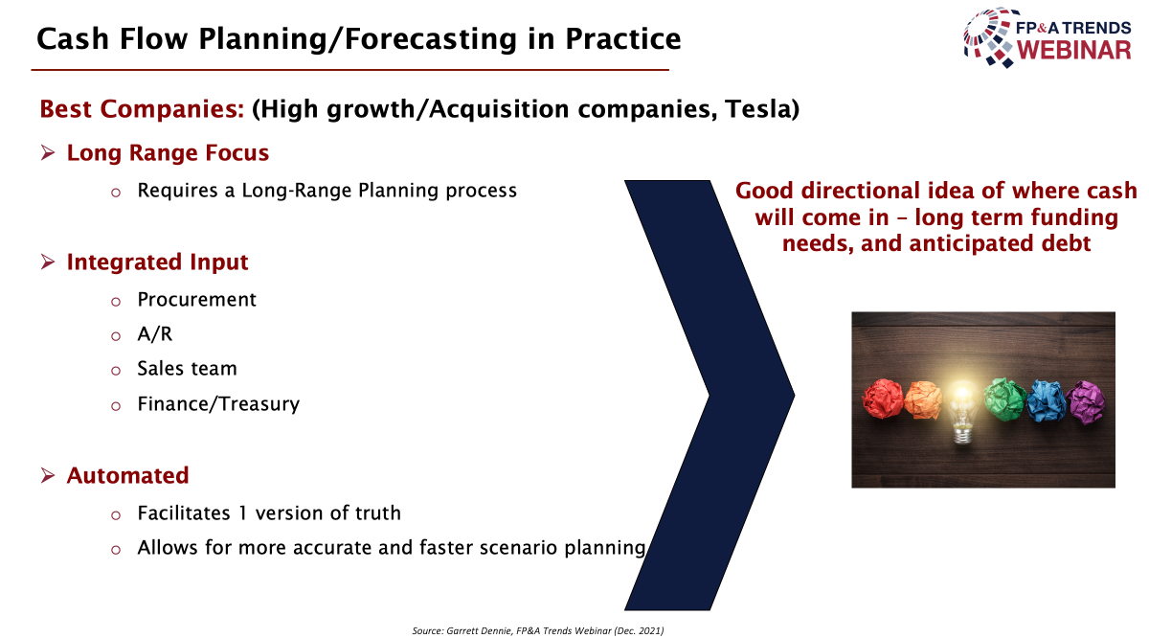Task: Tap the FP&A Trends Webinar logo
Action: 1048,38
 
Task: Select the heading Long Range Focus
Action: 168,153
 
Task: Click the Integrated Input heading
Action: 157,262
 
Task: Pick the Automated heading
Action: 127,475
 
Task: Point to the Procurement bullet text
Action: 196,300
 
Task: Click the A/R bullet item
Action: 154,334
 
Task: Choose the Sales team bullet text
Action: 188,369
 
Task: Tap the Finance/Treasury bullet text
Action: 218,404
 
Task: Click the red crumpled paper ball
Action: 882,399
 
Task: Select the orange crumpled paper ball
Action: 923,399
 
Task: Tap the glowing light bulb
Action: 962,412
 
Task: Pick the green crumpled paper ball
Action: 1004,399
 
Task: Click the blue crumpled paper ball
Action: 1047,400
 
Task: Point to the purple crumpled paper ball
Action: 1086,402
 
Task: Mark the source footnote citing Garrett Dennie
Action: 538,630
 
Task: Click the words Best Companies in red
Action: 142,109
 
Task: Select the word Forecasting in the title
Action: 430,39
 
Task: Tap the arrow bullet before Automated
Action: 48,475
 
